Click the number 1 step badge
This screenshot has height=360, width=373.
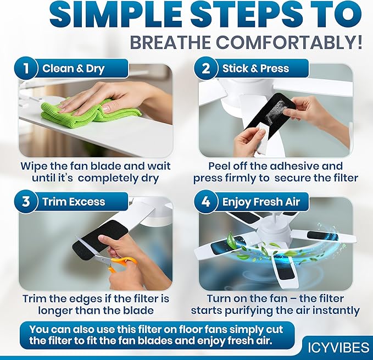(x=26, y=68)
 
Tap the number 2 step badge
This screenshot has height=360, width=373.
(x=206, y=68)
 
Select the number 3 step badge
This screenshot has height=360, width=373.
(x=26, y=201)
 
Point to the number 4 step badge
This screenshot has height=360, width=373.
(x=206, y=201)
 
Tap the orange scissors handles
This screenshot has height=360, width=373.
(x=123, y=263)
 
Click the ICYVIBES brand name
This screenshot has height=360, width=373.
(x=338, y=347)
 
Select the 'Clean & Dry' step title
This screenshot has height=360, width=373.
(x=74, y=69)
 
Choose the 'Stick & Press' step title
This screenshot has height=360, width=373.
(x=256, y=69)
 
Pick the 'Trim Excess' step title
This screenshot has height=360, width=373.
(x=74, y=202)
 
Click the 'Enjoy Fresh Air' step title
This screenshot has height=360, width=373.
(x=261, y=202)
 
